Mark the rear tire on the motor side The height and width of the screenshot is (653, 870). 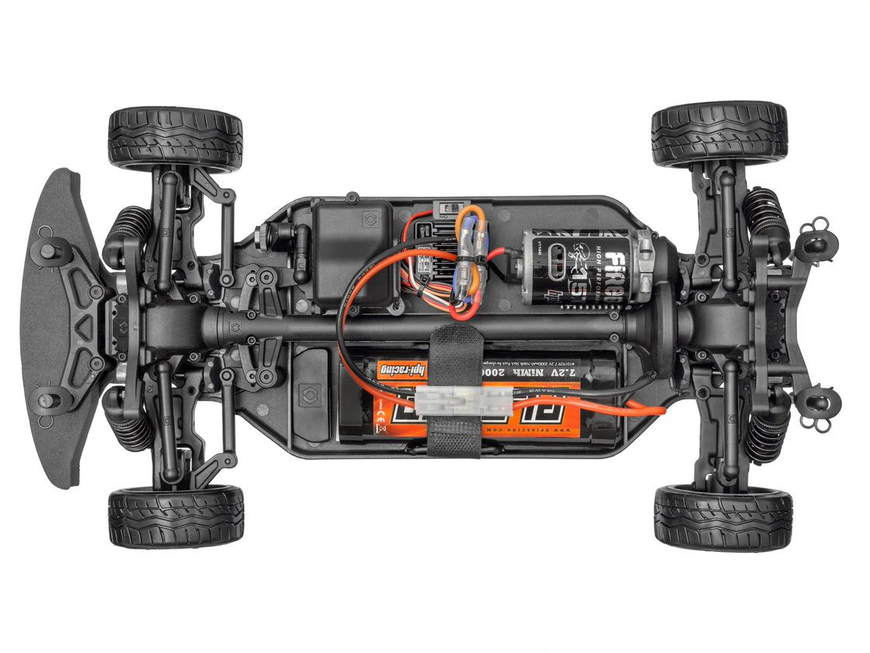(x=718, y=133)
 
